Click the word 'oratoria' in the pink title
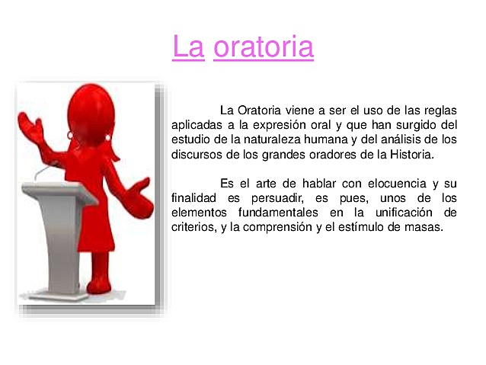click(264, 46)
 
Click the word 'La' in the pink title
click(188, 46)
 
